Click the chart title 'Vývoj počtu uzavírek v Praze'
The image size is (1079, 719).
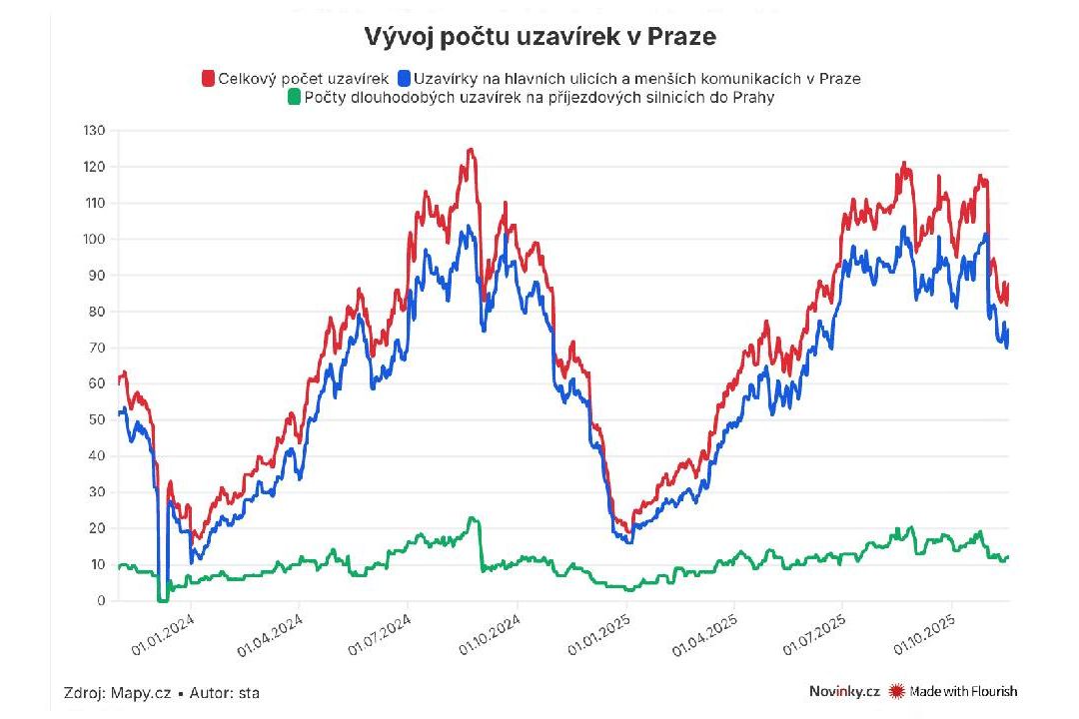click(539, 37)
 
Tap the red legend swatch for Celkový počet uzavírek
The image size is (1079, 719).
click(209, 78)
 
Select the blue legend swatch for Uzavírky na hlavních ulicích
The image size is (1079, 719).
click(404, 78)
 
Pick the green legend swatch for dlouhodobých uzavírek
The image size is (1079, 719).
click(294, 97)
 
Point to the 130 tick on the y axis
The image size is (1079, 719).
click(94, 131)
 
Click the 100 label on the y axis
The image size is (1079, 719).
click(94, 240)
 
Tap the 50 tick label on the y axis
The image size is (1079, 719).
click(96, 420)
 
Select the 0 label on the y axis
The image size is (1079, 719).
click(101, 601)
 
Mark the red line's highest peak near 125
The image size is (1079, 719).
click(471, 150)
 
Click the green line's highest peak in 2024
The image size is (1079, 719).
click(473, 518)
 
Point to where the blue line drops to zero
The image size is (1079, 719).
click(162, 599)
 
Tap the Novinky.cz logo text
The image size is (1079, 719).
click(844, 691)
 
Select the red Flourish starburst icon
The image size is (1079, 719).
click(896, 691)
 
